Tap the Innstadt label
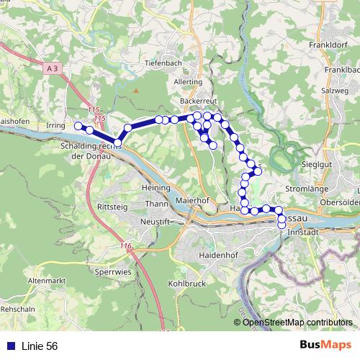[302, 233]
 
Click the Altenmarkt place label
[48, 279]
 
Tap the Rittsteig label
[112, 206]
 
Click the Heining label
[156, 187]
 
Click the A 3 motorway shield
[51, 68]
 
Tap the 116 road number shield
[127, 246]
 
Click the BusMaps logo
[325, 346]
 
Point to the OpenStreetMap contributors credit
[299, 322]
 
